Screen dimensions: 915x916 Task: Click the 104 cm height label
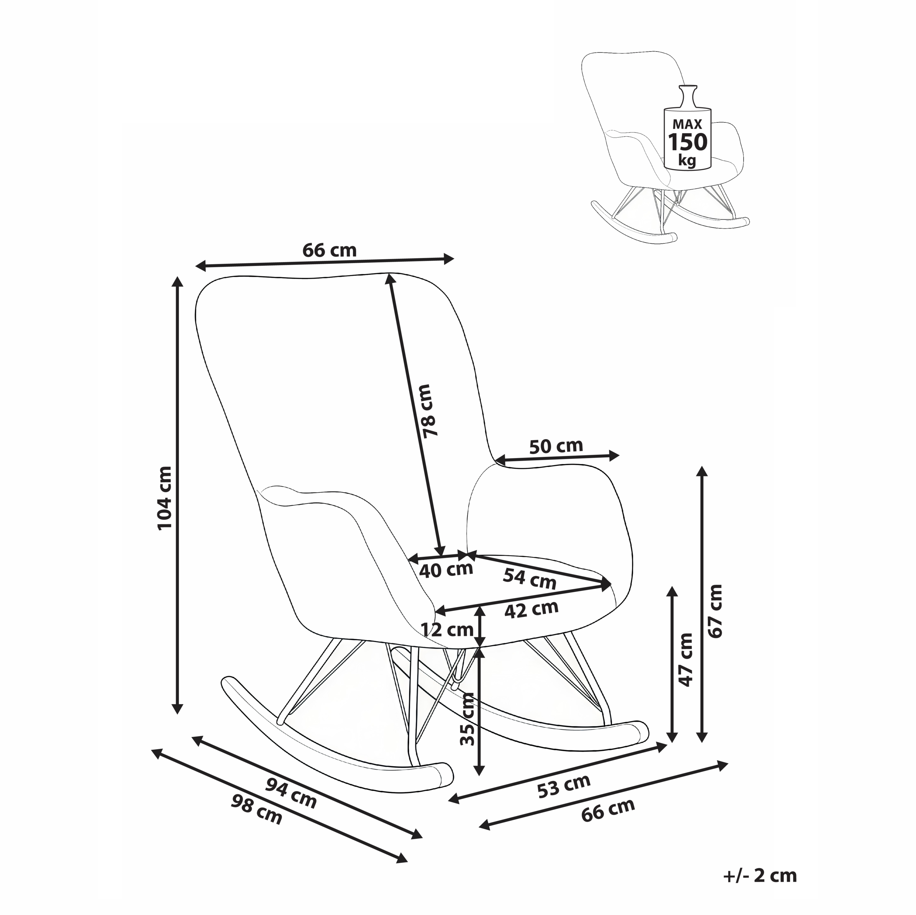pyautogui.click(x=165, y=498)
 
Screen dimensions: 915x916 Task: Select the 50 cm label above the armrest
pyautogui.click(x=556, y=446)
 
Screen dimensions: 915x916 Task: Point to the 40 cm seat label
pyautogui.click(x=446, y=570)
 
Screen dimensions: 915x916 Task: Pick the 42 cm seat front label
pyautogui.click(x=531, y=610)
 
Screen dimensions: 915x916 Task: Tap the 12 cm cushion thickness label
pyautogui.click(x=447, y=630)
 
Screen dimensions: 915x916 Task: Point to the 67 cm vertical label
pyautogui.click(x=715, y=611)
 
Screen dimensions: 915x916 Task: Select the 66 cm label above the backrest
pyautogui.click(x=329, y=250)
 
